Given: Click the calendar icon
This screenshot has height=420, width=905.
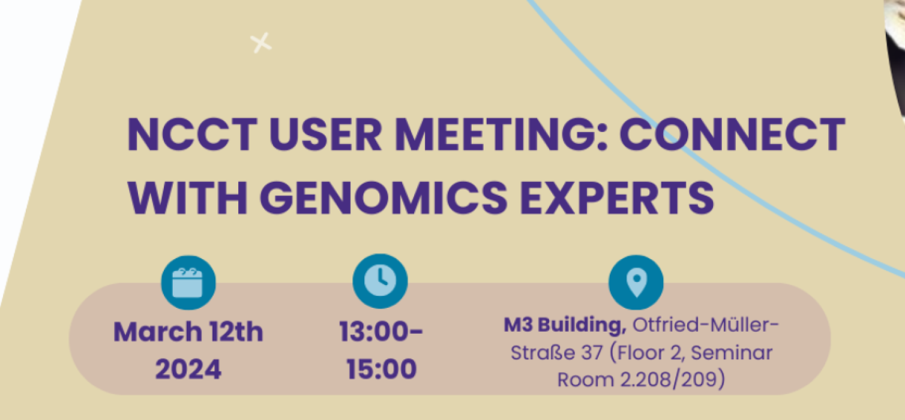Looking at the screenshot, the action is [188, 283].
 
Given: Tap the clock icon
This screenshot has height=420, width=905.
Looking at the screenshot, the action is [380, 281].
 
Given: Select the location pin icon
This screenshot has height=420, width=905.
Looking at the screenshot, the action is [636, 282].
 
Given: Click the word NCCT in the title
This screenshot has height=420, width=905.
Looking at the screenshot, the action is [192, 134].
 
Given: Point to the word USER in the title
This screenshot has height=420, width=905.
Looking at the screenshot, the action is [325, 134].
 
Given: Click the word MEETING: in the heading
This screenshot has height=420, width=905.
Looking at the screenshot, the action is [501, 134].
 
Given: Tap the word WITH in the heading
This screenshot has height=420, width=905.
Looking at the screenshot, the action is [187, 198].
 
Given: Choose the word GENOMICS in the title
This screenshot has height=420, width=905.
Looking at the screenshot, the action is [383, 198].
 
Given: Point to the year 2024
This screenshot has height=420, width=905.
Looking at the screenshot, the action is [188, 369].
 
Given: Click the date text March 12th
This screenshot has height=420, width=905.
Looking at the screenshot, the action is [188, 332].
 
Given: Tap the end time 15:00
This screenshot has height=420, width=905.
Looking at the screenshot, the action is [382, 369].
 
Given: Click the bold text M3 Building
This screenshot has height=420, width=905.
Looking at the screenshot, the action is [565, 325].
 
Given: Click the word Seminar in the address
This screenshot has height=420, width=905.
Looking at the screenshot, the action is [732, 353].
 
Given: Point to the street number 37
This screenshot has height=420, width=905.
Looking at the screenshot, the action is [592, 353].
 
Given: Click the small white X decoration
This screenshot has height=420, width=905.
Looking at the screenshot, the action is [260, 43].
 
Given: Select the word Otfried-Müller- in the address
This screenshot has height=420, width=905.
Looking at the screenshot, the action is [705, 325].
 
